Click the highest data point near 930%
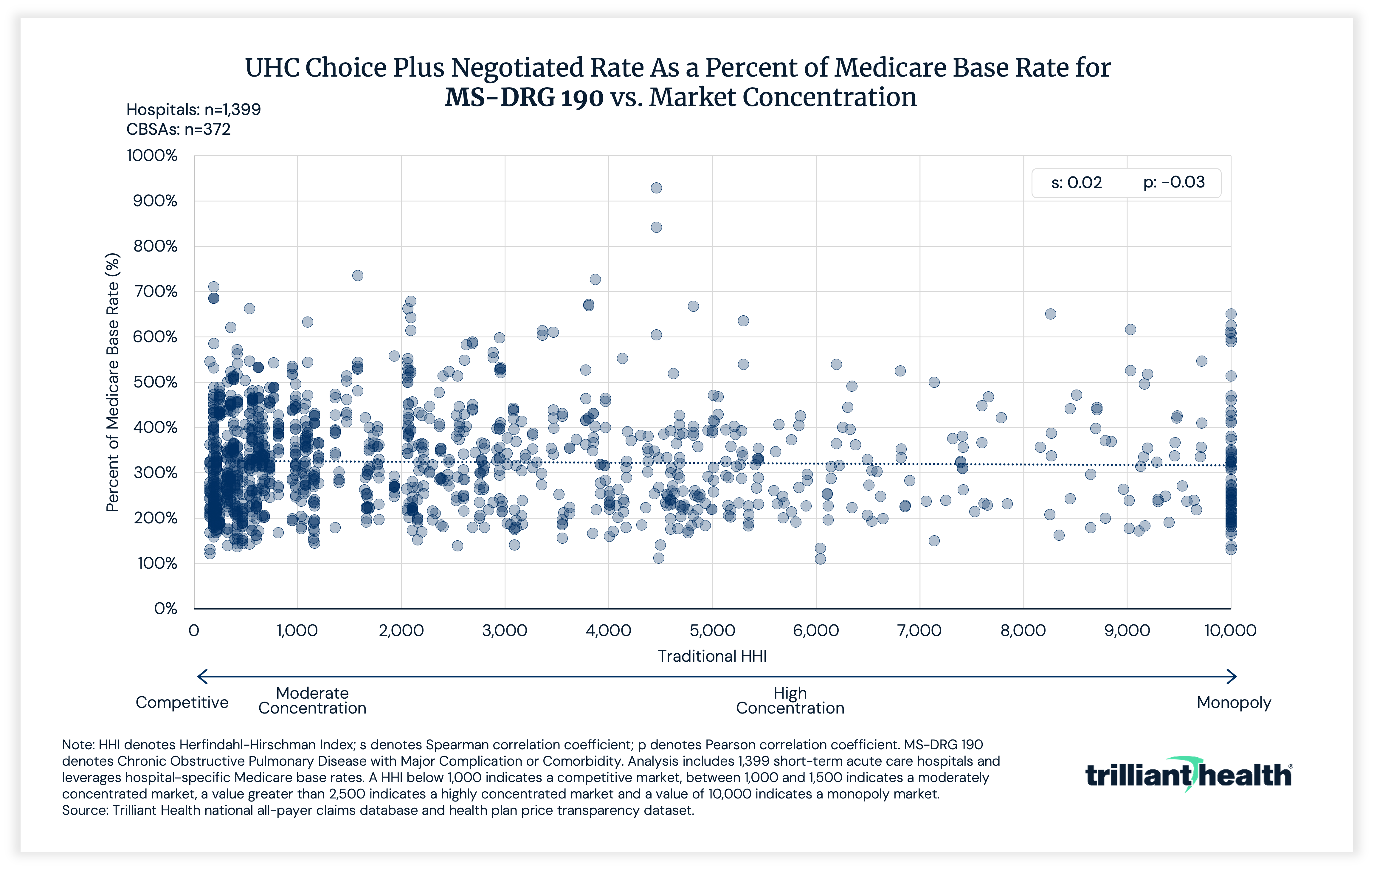click(656, 188)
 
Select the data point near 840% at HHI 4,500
click(656, 227)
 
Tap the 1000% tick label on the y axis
click(152, 156)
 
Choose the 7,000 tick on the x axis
click(919, 630)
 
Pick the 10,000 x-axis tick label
click(1230, 630)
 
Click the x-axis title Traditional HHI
click(712, 656)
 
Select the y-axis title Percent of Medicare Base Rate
click(112, 382)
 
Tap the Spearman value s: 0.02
click(1076, 183)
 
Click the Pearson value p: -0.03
click(1174, 183)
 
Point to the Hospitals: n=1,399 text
click(193, 110)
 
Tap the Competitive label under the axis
click(182, 702)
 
